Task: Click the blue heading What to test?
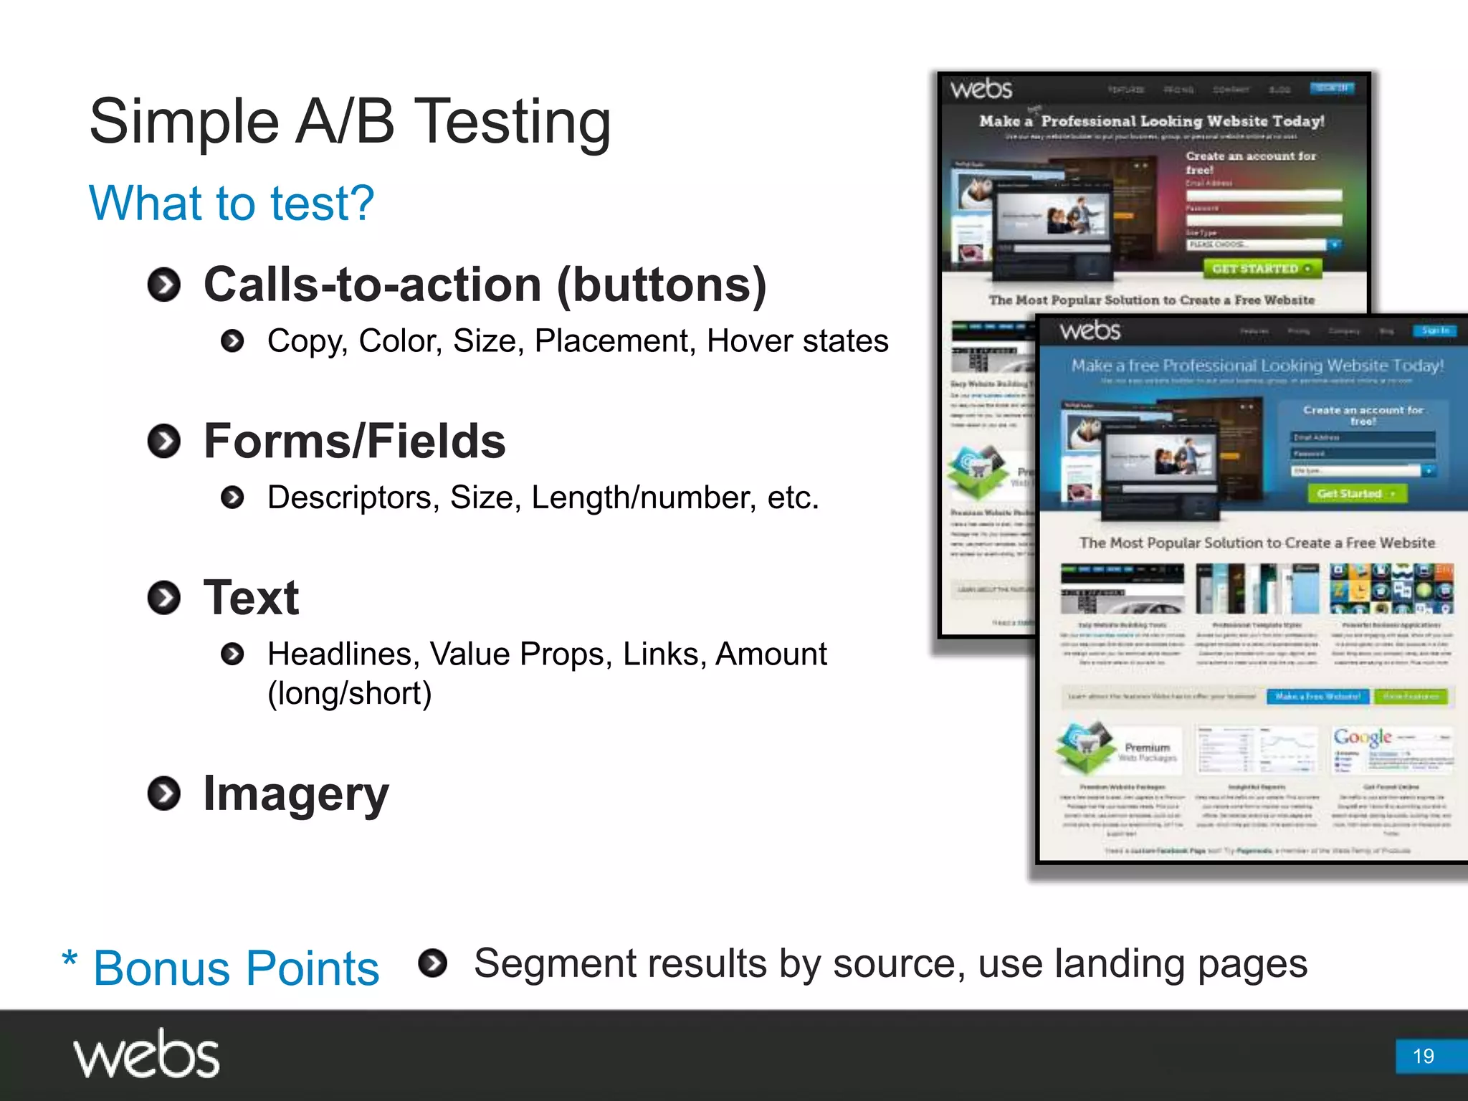pos(231,204)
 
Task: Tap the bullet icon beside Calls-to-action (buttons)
pos(164,285)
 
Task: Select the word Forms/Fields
pos(355,441)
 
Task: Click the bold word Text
pos(251,597)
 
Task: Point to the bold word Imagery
pos(295,793)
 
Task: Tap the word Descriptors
pos(349,497)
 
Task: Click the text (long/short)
pos(349,693)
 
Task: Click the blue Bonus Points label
pos(236,968)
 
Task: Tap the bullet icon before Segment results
pos(432,963)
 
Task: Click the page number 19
pos(1423,1056)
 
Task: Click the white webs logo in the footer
pos(146,1054)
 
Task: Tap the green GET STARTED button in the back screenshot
pos(1262,269)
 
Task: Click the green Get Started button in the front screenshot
pos(1356,494)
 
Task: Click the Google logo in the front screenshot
pos(1362,737)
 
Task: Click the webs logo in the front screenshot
pos(1090,331)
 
